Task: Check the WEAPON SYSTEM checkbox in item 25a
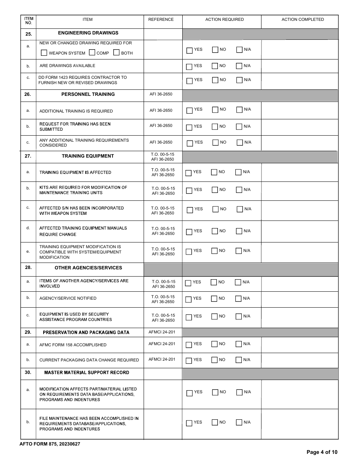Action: [44, 53]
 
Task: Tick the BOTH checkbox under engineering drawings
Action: [116, 53]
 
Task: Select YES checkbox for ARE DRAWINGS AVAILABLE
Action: [189, 66]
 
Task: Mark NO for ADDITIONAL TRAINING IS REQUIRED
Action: [215, 110]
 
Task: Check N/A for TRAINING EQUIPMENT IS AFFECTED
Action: [238, 172]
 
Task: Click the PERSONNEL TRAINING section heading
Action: [88, 94]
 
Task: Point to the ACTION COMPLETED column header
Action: [302, 20]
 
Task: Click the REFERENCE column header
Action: [161, 20]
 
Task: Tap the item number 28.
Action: [28, 267]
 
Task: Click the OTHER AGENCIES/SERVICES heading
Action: [88, 268]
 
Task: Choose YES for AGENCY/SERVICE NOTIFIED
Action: [188, 299]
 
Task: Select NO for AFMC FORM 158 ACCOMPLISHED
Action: [214, 344]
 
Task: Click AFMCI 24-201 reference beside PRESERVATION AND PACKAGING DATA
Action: [162, 332]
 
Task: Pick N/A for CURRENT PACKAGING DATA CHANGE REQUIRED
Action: [238, 360]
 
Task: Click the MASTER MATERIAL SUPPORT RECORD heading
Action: [87, 372]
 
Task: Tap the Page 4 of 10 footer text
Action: [322, 452]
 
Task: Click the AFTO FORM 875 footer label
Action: [50, 444]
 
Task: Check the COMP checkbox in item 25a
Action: [92, 53]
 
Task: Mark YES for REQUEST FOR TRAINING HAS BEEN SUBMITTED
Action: [189, 127]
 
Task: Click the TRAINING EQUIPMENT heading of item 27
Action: [88, 156]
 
